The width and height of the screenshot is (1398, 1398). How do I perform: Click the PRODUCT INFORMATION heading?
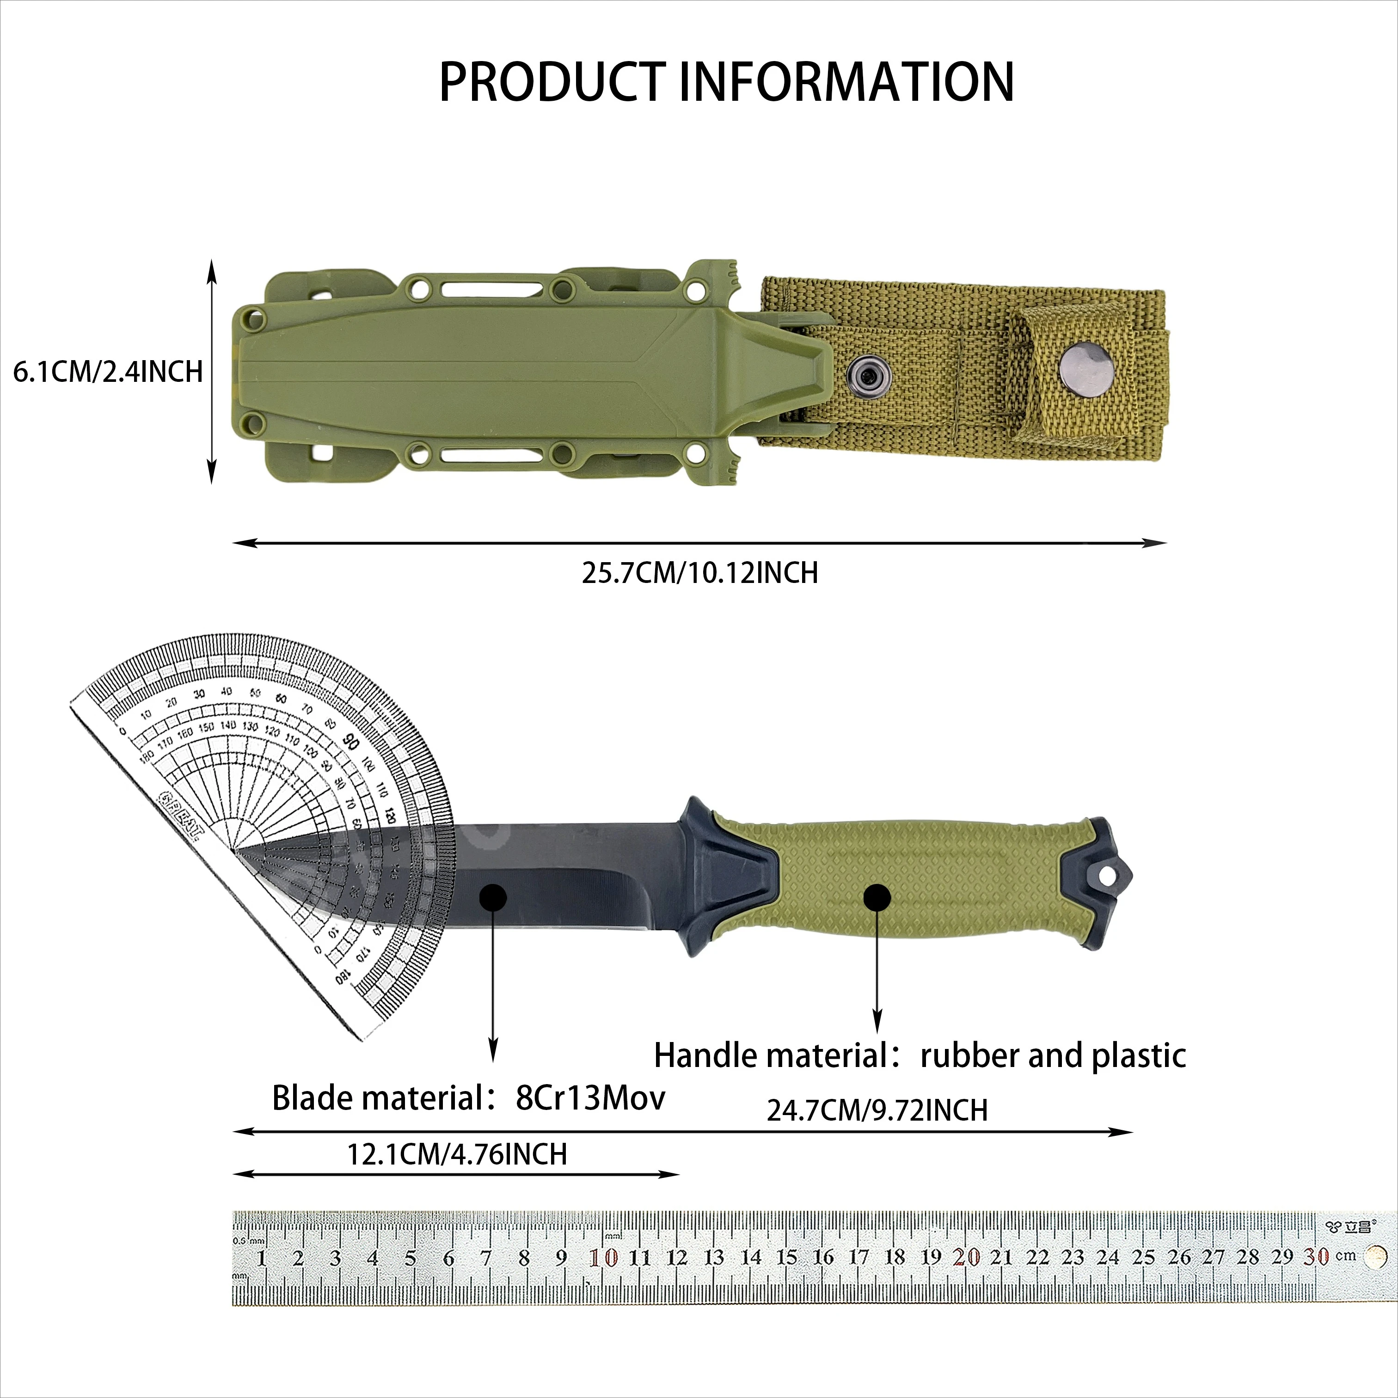[726, 82]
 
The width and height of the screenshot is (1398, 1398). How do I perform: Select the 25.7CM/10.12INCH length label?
[700, 573]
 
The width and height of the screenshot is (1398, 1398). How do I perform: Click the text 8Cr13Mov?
[590, 1098]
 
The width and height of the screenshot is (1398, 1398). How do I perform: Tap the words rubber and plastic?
[1053, 1056]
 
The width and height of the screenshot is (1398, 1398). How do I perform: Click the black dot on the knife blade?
[493, 898]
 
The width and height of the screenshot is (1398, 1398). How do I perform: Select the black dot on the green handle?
[877, 898]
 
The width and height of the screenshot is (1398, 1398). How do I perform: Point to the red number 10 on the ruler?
[603, 1257]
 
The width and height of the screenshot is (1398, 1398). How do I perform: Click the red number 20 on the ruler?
[966, 1257]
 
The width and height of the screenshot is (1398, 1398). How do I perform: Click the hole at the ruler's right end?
[1374, 1257]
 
